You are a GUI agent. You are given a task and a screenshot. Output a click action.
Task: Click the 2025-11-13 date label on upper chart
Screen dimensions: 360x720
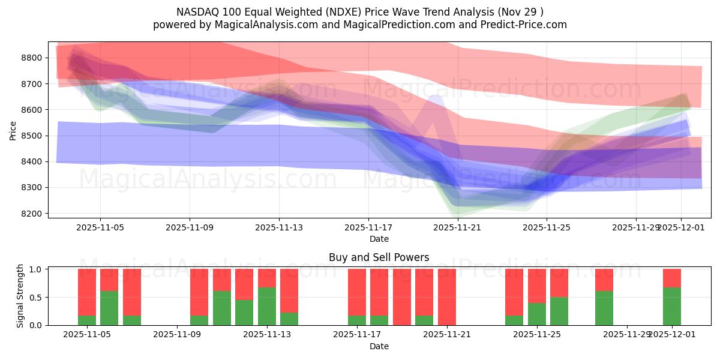click(x=279, y=228)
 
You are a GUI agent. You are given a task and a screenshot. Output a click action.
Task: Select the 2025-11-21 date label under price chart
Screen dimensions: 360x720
click(x=458, y=228)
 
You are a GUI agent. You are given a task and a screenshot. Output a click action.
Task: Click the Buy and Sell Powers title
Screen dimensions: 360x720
click(x=379, y=257)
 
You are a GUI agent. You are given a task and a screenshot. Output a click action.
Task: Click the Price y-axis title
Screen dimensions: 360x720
click(x=13, y=130)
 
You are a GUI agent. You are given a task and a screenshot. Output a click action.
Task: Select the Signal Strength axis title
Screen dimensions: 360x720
click(x=20, y=296)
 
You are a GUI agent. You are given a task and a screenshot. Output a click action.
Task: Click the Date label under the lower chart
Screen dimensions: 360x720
click(x=379, y=346)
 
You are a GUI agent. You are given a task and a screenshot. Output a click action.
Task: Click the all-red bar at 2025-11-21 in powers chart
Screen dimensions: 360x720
click(x=447, y=297)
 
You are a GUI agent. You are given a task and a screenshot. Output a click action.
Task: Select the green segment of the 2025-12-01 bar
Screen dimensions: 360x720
click(x=672, y=307)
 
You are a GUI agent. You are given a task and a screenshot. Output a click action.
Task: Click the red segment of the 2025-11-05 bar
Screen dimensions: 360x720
click(x=87, y=291)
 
